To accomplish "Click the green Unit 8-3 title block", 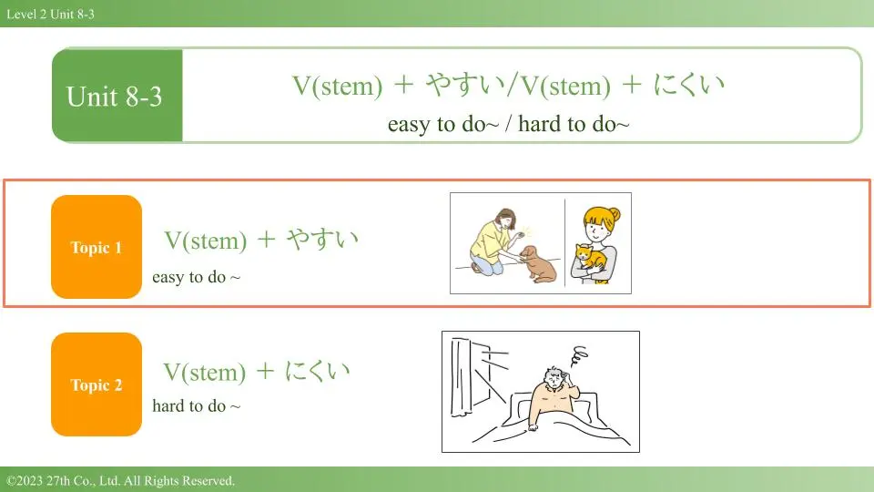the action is click(117, 96).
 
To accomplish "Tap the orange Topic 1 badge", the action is click(97, 247).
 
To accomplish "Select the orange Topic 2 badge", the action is click(97, 384).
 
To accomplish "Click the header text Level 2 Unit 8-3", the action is click(50, 14).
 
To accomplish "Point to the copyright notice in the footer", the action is click(120, 480).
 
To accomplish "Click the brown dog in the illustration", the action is click(538, 264).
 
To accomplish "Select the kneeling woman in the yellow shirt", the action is click(493, 241).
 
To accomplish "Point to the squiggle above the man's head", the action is click(580, 356).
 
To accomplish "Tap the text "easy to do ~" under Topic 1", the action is click(197, 277).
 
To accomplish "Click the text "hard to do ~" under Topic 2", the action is click(197, 405).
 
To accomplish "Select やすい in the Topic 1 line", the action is click(322, 240).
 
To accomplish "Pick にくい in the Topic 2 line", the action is click(317, 371).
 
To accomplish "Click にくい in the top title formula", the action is click(689, 85).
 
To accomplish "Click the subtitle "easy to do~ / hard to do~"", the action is click(508, 124).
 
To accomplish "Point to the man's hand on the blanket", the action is click(534, 428).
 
